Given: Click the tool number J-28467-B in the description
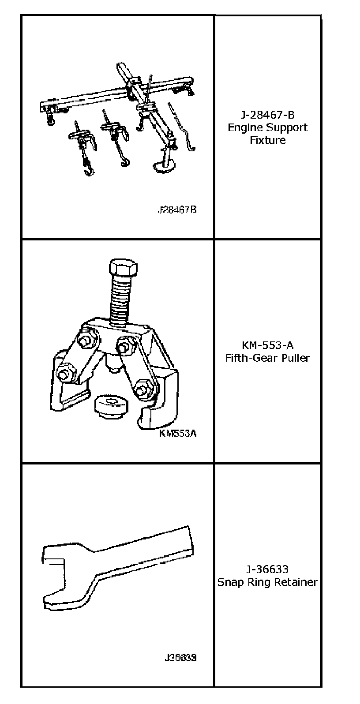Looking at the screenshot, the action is pos(267,115).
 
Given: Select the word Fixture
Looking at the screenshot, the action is pos(268,140).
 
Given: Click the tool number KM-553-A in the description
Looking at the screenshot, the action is pos(267,345).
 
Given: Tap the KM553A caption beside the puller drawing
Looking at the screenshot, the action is pos(178,433).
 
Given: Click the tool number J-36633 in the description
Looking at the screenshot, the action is pos(267,569).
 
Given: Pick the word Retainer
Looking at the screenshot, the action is pos(296,582).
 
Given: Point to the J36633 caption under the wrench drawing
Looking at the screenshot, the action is pos(180,658).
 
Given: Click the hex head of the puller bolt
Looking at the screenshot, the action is pos(123,270).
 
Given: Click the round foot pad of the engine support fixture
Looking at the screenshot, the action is pos(164,167).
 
